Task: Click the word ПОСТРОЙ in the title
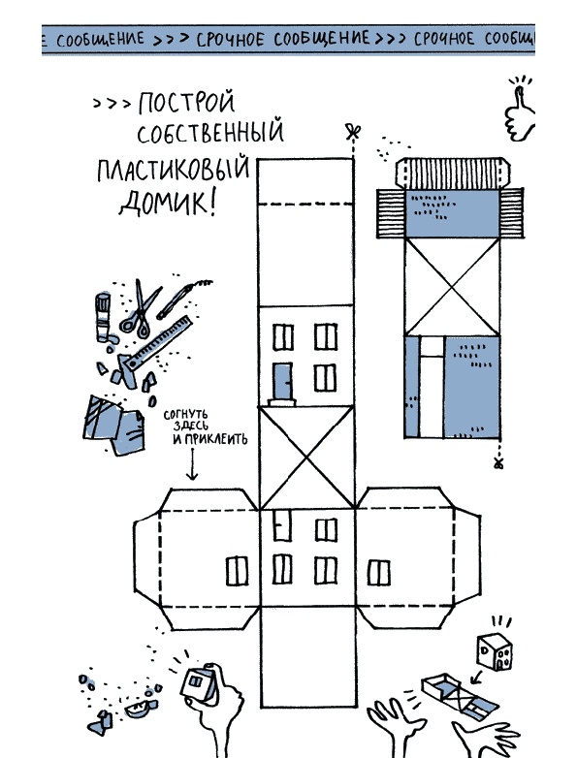click(x=186, y=103)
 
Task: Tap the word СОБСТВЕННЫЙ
click(x=209, y=132)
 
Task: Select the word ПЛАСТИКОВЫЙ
click(x=174, y=169)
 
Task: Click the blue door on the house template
click(x=283, y=381)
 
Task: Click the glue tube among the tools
click(x=104, y=317)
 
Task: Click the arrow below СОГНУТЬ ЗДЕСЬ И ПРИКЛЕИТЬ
click(x=192, y=464)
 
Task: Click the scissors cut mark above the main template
click(x=354, y=132)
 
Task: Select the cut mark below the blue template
click(x=498, y=463)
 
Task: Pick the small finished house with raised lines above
click(x=496, y=652)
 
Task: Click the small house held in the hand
click(x=200, y=682)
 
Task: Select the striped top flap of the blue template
click(x=452, y=173)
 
